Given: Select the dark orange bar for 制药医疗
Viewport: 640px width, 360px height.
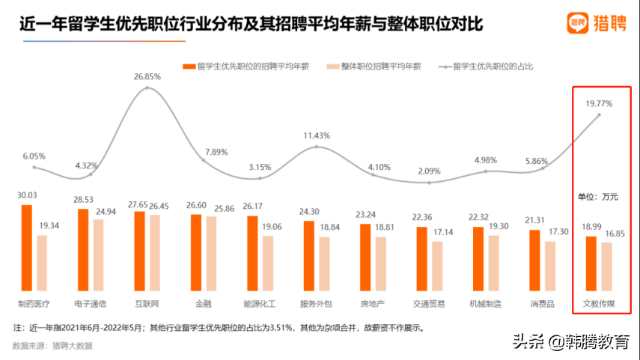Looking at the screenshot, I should [x=27, y=248].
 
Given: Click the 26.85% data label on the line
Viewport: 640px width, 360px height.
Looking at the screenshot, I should [x=147, y=76].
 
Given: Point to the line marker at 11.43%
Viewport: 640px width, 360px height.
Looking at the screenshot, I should [x=317, y=147].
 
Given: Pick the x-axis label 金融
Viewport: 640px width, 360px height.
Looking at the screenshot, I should [x=203, y=305].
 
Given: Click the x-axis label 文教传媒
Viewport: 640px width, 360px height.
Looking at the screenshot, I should [x=599, y=305].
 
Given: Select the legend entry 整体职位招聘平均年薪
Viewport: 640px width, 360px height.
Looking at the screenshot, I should [x=380, y=67].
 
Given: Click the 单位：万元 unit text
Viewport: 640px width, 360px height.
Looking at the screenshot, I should [x=597, y=197].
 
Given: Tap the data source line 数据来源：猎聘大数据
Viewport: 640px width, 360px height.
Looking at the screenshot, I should [x=52, y=346].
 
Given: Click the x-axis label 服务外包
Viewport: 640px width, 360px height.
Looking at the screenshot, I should [x=315, y=305].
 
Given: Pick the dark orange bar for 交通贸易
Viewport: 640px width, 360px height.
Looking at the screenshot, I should [x=422, y=259].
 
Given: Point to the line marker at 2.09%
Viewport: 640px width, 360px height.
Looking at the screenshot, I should [x=429, y=182].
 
